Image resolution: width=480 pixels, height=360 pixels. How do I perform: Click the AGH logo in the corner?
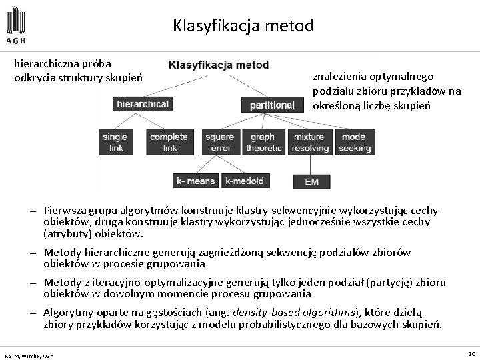click(x=17, y=26)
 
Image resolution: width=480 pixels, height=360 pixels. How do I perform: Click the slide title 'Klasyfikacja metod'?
click(x=243, y=26)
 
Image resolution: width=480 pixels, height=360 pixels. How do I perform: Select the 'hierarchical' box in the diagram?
click(x=142, y=104)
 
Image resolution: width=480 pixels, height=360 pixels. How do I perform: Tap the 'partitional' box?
click(x=271, y=105)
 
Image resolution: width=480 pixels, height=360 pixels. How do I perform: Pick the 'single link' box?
click(x=115, y=142)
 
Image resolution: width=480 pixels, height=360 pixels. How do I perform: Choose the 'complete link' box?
click(x=169, y=142)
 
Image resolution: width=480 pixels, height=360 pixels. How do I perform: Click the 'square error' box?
click(x=220, y=142)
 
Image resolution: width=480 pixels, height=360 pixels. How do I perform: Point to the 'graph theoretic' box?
click(x=263, y=142)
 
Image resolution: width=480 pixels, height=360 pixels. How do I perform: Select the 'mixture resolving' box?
click(x=310, y=142)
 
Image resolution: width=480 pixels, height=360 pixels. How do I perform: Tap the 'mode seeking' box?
click(x=354, y=142)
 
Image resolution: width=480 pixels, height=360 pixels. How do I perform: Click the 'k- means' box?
click(x=196, y=181)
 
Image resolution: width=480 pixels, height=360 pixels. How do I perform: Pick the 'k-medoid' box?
click(x=245, y=181)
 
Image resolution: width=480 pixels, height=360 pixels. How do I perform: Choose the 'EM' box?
click(x=311, y=181)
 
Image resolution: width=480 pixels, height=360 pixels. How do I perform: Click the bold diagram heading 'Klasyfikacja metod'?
click(x=219, y=65)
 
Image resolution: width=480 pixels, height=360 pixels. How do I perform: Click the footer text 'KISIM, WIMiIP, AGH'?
click(x=29, y=355)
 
